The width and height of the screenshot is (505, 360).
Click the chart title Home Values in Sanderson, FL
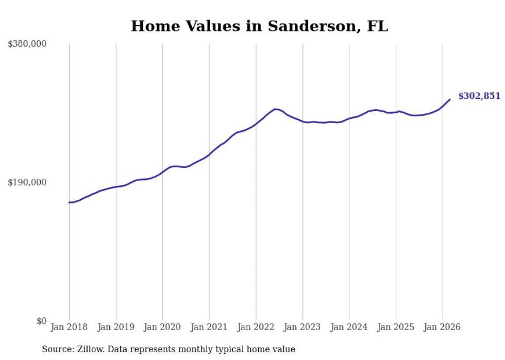pos(259,26)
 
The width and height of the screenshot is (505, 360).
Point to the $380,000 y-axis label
pos(27,44)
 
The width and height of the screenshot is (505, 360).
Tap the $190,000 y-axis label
pos(27,182)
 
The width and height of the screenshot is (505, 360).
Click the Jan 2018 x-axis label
pos(69,327)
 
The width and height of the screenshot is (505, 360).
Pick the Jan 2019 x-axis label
pos(116,327)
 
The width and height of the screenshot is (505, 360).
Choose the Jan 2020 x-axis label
pos(162,327)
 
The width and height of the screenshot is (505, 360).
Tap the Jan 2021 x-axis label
pos(209,327)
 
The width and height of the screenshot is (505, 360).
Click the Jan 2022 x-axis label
pos(256,327)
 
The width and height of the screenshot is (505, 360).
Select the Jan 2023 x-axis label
pos(302,327)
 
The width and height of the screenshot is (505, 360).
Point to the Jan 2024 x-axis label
pos(349,327)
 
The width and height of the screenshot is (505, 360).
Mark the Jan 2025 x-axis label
pos(396,327)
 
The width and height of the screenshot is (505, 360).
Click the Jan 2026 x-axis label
pos(442,327)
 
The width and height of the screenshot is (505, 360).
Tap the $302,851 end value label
pos(479,96)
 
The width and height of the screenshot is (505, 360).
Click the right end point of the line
pos(450,99)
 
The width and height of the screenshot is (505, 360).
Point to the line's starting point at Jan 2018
pos(69,202)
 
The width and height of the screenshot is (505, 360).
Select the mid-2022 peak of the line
pos(276,109)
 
